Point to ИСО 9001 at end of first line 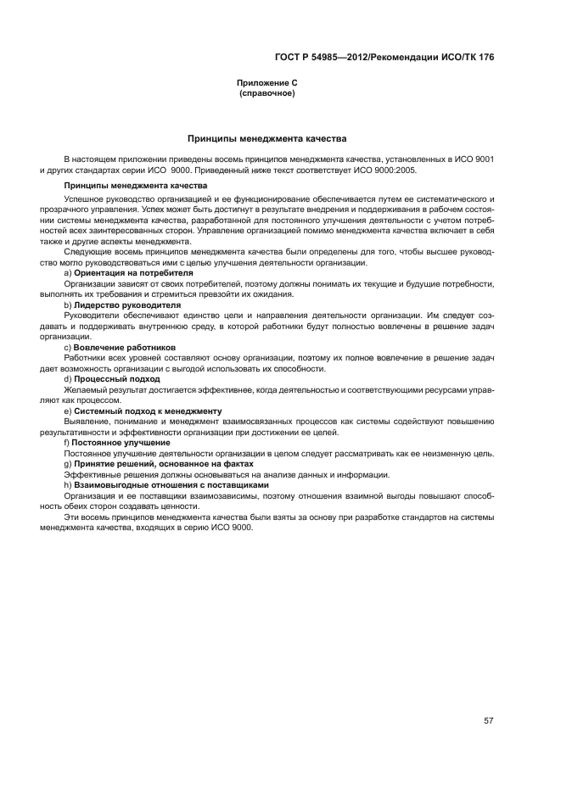(474, 159)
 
